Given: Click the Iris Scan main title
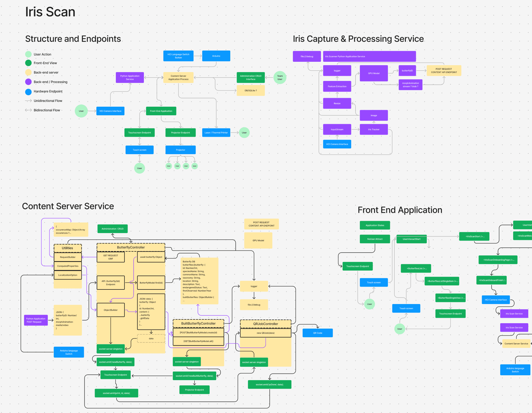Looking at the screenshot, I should tap(50, 12).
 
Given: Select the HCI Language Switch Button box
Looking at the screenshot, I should tap(178, 56).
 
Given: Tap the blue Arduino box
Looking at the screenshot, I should tap(216, 56).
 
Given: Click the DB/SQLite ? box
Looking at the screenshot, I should tap(251, 90).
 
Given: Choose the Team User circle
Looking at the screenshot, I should tap(280, 78).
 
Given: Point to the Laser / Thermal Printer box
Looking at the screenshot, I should tap(216, 133).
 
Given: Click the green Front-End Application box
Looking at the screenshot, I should tap(161, 111).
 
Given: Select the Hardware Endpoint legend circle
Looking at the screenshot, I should tap(28, 92).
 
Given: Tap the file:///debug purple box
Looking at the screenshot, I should tap(307, 56).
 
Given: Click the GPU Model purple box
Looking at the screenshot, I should tap(374, 73).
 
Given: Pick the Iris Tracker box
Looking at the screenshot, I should tap(374, 130).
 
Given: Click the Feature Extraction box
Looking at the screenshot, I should tap(337, 86).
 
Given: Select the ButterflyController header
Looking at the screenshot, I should tap(131, 247).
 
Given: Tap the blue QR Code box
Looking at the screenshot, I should tap(317, 333).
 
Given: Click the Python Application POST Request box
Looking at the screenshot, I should tap(36, 320).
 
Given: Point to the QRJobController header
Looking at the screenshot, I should tap(265, 324).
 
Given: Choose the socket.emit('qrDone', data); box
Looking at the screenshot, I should tap(269, 384).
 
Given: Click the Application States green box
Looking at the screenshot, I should tap(375, 225).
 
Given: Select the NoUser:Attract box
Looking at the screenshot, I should tap(375, 239).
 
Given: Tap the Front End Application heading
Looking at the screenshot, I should tap(400, 210).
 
